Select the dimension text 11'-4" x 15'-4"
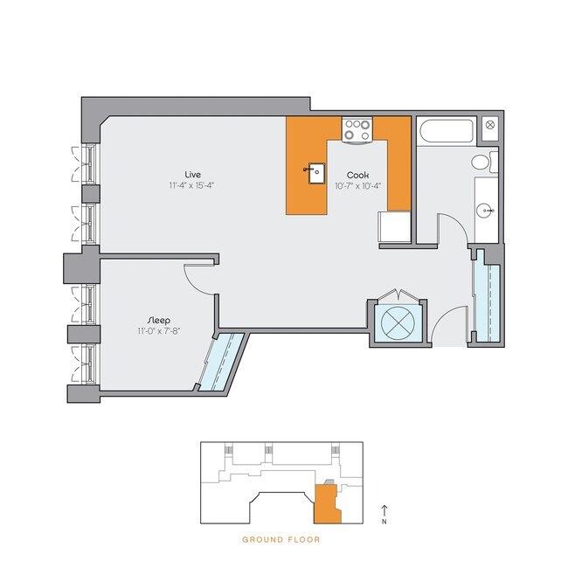click(x=193, y=185)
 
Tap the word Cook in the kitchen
click(x=357, y=174)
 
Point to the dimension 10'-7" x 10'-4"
click(x=357, y=185)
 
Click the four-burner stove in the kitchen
click(x=357, y=129)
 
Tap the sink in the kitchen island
click(x=313, y=172)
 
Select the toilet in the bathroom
click(x=482, y=162)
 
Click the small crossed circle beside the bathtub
click(x=489, y=125)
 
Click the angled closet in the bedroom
click(x=218, y=360)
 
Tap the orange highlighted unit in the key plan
click(x=326, y=502)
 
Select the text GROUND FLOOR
click(x=281, y=540)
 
